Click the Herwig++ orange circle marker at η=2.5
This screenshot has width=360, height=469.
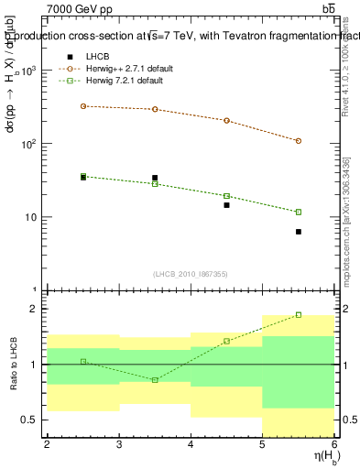coord(83,106)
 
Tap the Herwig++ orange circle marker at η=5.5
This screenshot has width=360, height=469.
coord(299,141)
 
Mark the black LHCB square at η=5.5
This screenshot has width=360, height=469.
coord(299,232)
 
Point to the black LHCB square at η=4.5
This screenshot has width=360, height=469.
coord(226,205)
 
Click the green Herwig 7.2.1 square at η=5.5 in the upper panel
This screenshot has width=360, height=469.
coord(299,212)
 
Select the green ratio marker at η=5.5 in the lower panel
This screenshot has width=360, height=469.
coord(299,314)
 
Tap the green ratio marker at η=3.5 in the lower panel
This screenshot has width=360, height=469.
coord(155,379)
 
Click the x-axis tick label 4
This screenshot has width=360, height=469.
coord(191,444)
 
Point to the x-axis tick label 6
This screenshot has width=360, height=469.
coord(334,444)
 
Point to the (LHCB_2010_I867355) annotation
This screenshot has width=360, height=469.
coord(190,275)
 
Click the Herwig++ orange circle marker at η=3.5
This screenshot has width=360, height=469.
coord(155,109)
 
